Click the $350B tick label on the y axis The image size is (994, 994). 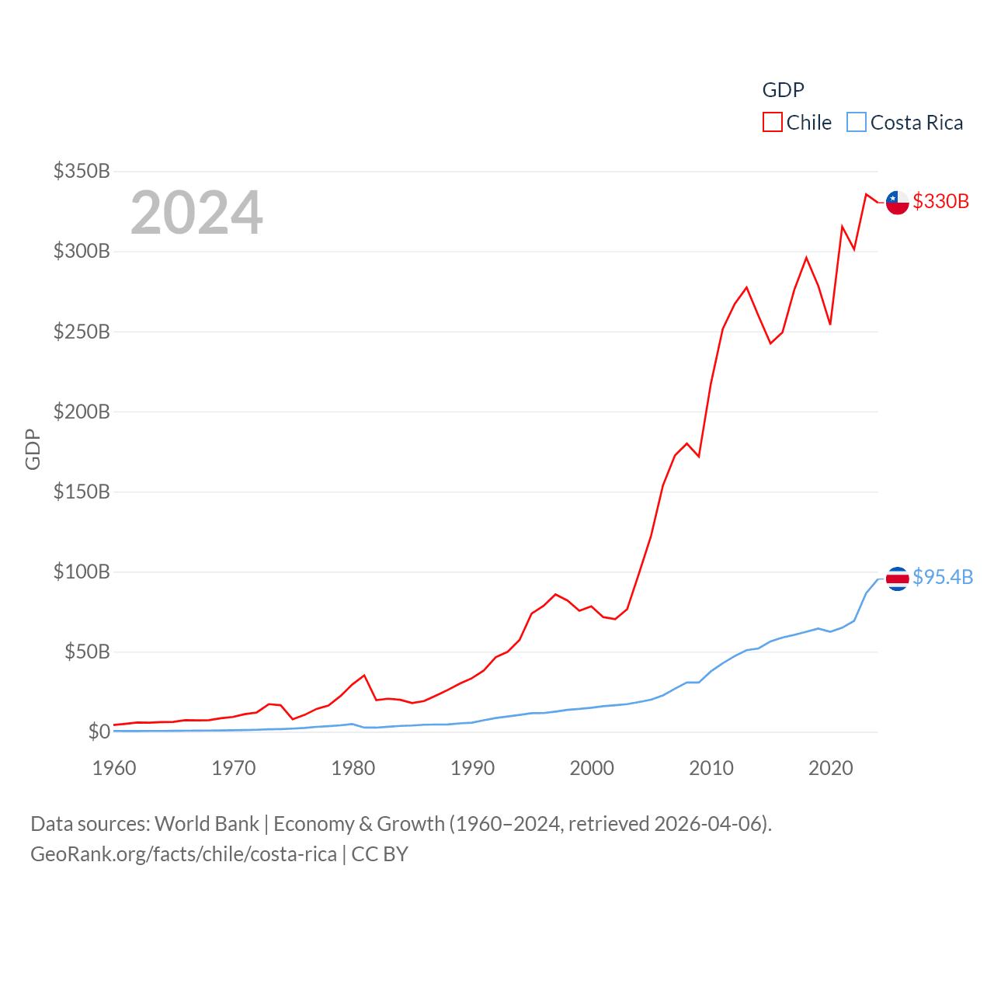click(x=82, y=171)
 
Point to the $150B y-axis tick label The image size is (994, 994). click(x=82, y=492)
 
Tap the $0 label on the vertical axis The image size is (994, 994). click(x=99, y=732)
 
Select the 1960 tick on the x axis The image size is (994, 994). click(x=114, y=768)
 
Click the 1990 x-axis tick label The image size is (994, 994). click(x=472, y=768)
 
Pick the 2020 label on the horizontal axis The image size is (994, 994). click(x=830, y=768)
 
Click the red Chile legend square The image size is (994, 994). click(x=772, y=123)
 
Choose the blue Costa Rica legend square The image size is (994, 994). click(x=856, y=123)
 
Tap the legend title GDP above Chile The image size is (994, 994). click(x=783, y=90)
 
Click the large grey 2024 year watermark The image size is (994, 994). click(x=196, y=213)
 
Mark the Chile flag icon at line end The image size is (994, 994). click(x=897, y=202)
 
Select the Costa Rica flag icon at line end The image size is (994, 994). click(x=897, y=579)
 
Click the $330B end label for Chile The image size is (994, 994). click(x=940, y=201)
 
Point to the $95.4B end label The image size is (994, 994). click(x=943, y=577)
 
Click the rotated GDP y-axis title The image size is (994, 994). click(x=33, y=449)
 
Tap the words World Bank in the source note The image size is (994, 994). click(x=207, y=824)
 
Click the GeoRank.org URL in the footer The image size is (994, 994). click(x=183, y=854)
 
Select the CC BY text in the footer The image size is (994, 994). click(x=380, y=854)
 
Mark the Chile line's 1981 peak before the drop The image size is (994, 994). click(x=364, y=676)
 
